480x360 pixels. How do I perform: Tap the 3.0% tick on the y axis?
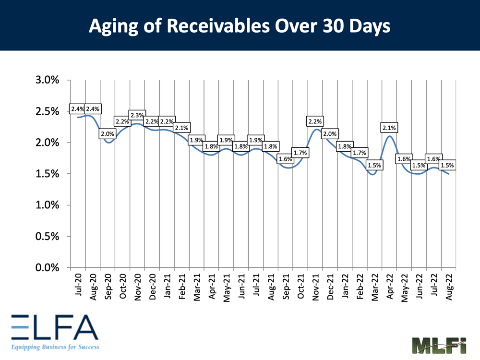click(47, 80)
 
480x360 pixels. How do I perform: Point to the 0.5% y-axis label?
click(47, 236)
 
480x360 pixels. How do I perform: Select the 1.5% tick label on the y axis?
click(47, 174)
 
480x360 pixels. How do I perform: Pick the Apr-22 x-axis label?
click(389, 287)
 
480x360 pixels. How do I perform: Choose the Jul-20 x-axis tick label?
click(78, 287)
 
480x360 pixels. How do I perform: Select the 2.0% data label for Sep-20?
click(107, 134)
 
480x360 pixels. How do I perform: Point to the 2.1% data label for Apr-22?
click(389, 128)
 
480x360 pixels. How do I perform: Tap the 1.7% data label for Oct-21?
click(300, 153)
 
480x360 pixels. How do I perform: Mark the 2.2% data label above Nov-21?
click(315, 121)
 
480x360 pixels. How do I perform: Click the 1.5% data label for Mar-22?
click(374, 165)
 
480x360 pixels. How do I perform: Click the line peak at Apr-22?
click(390, 136)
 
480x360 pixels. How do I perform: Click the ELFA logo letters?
click(53, 327)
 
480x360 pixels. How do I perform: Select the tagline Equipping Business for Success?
click(53, 346)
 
